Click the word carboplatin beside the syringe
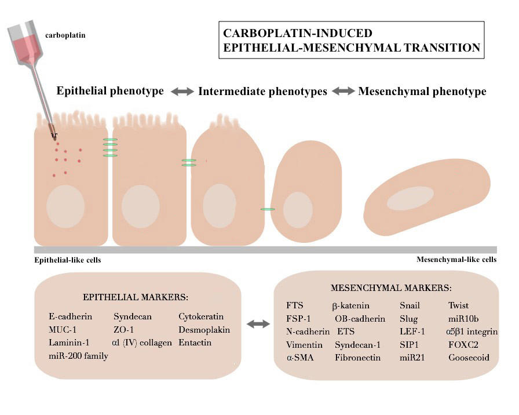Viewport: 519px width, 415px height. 65,35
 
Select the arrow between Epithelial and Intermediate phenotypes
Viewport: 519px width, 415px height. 181,92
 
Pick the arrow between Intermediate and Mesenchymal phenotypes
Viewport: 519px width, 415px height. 343,92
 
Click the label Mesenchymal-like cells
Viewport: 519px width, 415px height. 456,260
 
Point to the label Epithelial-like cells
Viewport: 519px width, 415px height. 68,260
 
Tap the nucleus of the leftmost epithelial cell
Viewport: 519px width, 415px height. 65,206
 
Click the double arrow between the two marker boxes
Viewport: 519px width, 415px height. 258,325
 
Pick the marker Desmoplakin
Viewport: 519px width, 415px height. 204,330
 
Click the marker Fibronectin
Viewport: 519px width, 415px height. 357,358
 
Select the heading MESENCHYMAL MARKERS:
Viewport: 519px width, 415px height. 391,287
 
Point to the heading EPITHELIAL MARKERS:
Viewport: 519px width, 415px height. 136,297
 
